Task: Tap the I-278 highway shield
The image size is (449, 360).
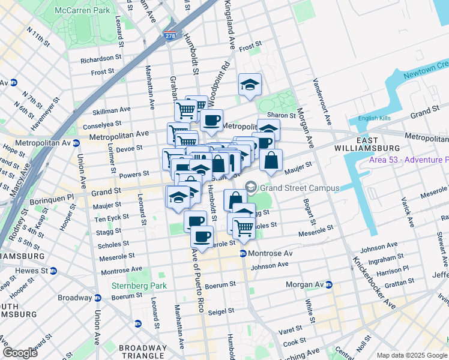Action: (170, 37)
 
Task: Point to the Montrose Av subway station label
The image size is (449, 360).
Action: (268, 253)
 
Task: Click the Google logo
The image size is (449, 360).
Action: (20, 353)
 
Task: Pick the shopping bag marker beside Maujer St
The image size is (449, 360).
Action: (271, 160)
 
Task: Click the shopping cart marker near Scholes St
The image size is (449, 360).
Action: (244, 228)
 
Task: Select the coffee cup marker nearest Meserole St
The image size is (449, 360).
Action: (202, 236)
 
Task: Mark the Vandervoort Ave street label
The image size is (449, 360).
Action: (321, 102)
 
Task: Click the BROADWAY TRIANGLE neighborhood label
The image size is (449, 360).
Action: (142, 352)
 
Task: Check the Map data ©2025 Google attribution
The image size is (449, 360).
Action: (411, 355)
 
